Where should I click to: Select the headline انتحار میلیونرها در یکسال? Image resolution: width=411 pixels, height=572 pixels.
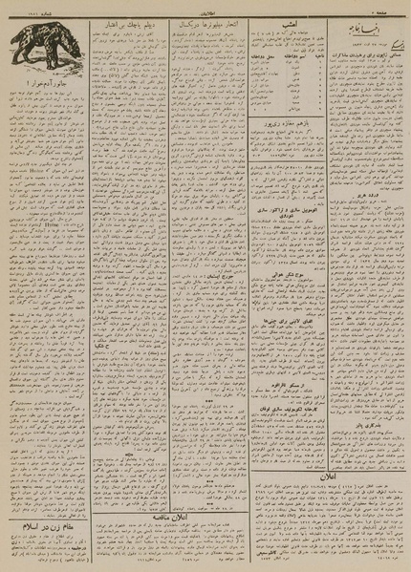(203, 21)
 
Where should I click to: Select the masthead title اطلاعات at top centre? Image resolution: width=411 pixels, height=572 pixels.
(205, 6)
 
